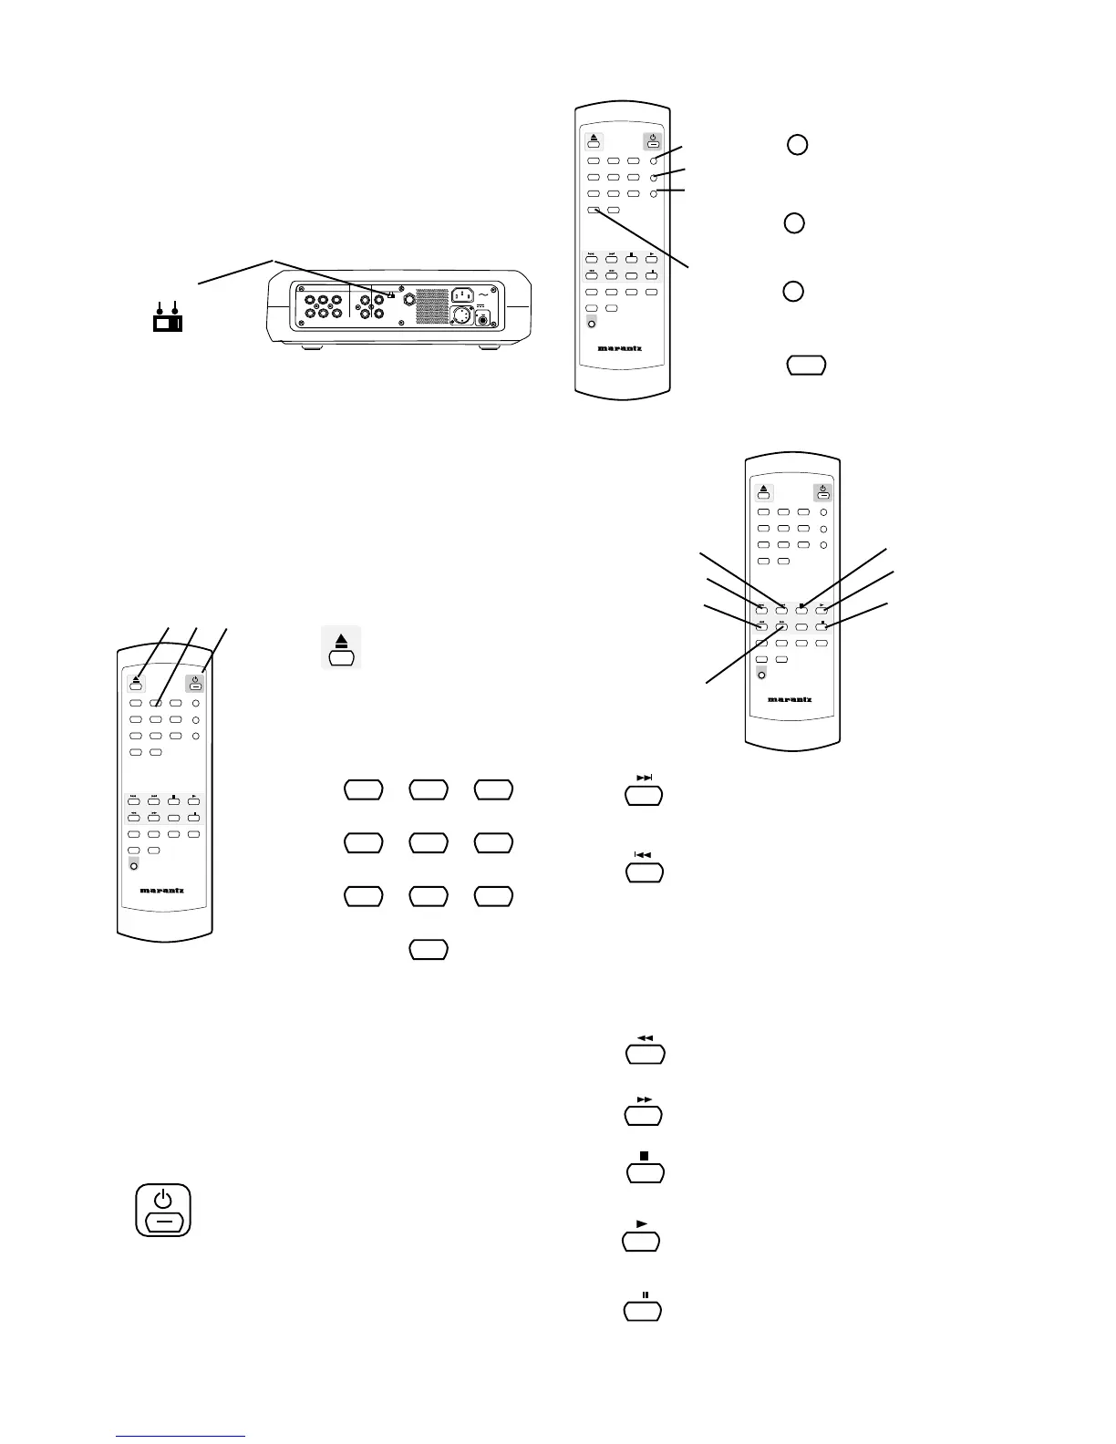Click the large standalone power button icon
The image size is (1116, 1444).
[x=163, y=1210]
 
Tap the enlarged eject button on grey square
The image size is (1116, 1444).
[x=341, y=648]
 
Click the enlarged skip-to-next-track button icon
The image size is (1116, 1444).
[x=644, y=792]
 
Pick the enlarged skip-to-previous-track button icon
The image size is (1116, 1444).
[x=644, y=869]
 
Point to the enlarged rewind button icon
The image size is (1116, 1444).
[x=645, y=1051]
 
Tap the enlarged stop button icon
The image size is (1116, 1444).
[x=645, y=1169]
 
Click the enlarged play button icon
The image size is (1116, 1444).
[x=641, y=1238]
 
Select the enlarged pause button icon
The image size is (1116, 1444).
[x=642, y=1307]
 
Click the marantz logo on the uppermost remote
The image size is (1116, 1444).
[x=621, y=347]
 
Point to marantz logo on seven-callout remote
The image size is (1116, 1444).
[x=790, y=699]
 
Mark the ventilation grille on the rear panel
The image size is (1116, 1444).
[x=432, y=308]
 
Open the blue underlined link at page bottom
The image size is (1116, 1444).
[x=181, y=1436]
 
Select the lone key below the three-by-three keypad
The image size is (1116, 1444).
[x=428, y=949]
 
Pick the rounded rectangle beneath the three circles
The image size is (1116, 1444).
[x=806, y=365]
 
